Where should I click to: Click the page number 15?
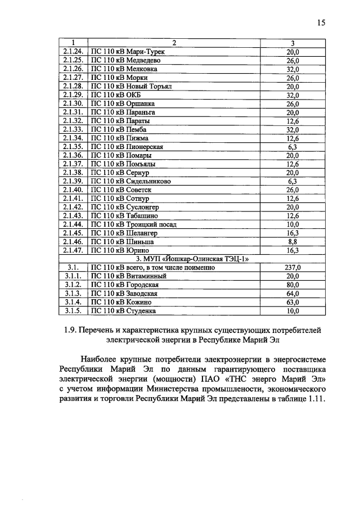(321, 23)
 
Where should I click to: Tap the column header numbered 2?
(174, 43)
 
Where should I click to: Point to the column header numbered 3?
(292, 43)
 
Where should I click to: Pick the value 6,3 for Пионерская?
(292, 147)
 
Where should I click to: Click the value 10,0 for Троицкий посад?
(292, 224)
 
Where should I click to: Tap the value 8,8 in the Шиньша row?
(292, 241)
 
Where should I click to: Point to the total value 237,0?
(292, 268)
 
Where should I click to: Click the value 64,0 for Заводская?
(292, 294)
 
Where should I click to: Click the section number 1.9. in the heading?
(73, 329)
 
